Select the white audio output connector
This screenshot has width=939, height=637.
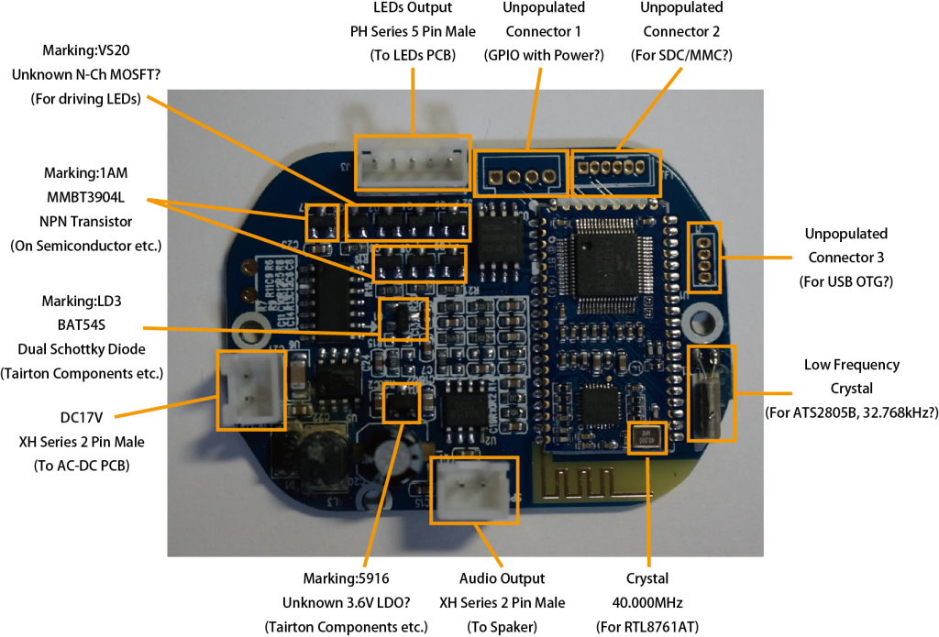click(474, 490)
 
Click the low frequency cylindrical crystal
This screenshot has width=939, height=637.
click(710, 391)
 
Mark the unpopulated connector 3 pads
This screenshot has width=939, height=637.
click(703, 253)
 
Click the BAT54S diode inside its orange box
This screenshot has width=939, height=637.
click(403, 317)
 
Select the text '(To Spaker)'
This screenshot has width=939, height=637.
click(502, 627)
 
